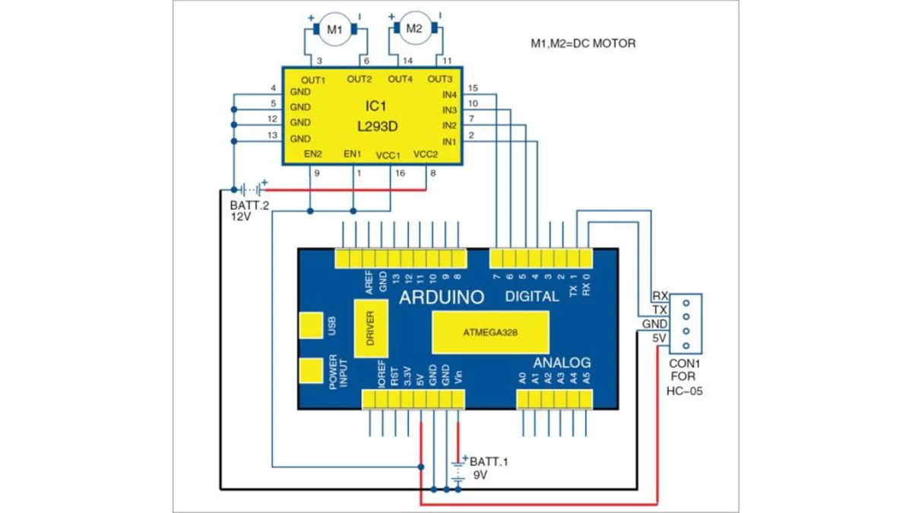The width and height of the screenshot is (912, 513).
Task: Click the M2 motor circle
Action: pyautogui.click(x=413, y=29)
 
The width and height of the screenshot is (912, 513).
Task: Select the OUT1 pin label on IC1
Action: pyautogui.click(x=313, y=80)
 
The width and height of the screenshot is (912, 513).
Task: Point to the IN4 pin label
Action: pyautogui.click(x=449, y=95)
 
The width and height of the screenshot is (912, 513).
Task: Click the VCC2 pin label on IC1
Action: pyautogui.click(x=425, y=154)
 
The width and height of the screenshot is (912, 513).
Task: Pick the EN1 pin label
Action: pyautogui.click(x=353, y=154)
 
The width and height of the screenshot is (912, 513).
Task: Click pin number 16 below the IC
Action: pyautogui.click(x=400, y=173)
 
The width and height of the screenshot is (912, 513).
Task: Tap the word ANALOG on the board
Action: pyautogui.click(x=562, y=363)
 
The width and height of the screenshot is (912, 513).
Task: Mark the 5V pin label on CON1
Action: pyautogui.click(x=659, y=338)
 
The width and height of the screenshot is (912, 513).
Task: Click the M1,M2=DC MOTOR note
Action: pyautogui.click(x=583, y=44)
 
